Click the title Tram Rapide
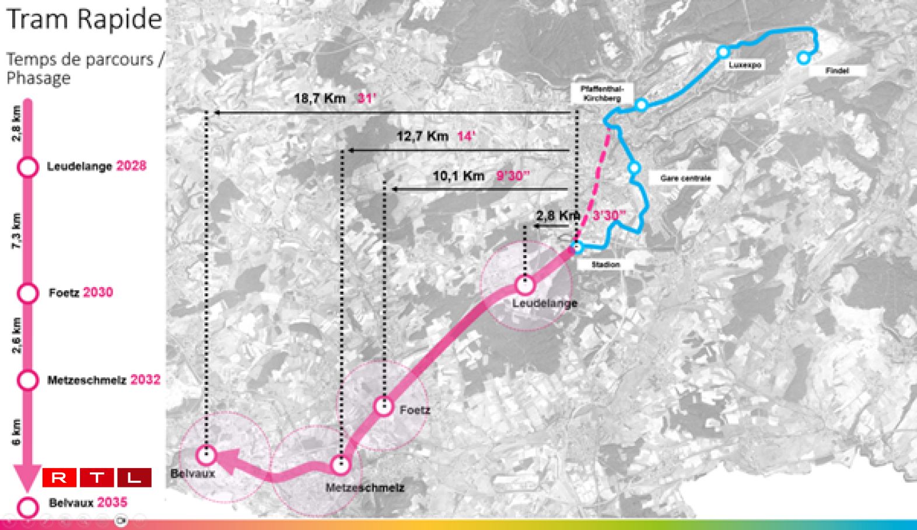coord(84,19)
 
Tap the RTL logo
coord(97,477)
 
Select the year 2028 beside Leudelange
coord(131,166)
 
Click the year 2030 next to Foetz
coord(98,292)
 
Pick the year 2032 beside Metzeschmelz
coord(145,379)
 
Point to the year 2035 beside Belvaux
coord(112,503)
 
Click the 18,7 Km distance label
coord(320,98)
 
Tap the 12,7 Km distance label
coord(422,137)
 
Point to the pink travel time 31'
coord(366,98)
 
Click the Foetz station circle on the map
coord(384,405)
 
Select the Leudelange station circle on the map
coord(525,285)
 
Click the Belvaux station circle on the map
coord(206,455)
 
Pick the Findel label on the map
coord(837,71)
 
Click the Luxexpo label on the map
coord(745,65)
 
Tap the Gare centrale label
coord(685,178)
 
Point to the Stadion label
coord(605,264)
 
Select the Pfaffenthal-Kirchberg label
coord(602,93)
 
